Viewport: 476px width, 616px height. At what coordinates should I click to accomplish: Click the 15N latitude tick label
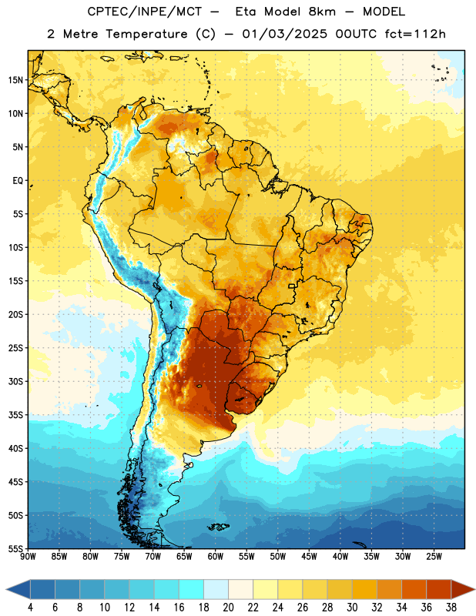pyautogui.click(x=15, y=80)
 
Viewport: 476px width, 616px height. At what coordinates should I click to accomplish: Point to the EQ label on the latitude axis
pyautogui.click(x=18, y=181)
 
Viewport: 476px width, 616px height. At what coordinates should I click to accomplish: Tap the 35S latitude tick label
pyautogui.click(x=15, y=415)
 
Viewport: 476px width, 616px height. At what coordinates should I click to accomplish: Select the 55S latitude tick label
pyautogui.click(x=15, y=548)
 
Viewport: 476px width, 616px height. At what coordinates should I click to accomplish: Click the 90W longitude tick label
pyautogui.click(x=28, y=557)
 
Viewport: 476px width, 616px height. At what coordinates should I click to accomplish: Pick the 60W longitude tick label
pyautogui.click(x=216, y=557)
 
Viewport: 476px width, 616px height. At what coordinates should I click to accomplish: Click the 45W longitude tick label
pyautogui.click(x=309, y=557)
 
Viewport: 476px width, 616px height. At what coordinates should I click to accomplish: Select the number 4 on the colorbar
pyautogui.click(x=30, y=608)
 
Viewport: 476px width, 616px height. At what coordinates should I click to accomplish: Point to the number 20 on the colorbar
pyautogui.click(x=228, y=608)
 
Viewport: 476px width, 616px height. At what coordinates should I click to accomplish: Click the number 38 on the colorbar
pyautogui.click(x=451, y=608)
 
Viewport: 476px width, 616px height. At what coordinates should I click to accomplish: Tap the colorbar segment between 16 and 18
pyautogui.click(x=192, y=589)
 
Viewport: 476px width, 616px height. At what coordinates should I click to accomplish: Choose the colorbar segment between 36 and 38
pyautogui.click(x=439, y=589)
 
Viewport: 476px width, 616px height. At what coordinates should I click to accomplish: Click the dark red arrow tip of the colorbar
pyautogui.click(x=474, y=589)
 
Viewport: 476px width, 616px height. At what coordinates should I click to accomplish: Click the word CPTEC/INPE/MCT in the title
pyautogui.click(x=145, y=12)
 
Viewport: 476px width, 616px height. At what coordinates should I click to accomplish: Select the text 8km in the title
pyautogui.click(x=323, y=12)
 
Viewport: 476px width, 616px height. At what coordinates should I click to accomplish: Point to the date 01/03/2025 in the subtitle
pyautogui.click(x=285, y=34)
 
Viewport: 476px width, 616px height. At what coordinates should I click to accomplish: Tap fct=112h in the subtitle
pyautogui.click(x=415, y=34)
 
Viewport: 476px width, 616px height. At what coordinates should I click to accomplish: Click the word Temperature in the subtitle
pyautogui.click(x=147, y=35)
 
